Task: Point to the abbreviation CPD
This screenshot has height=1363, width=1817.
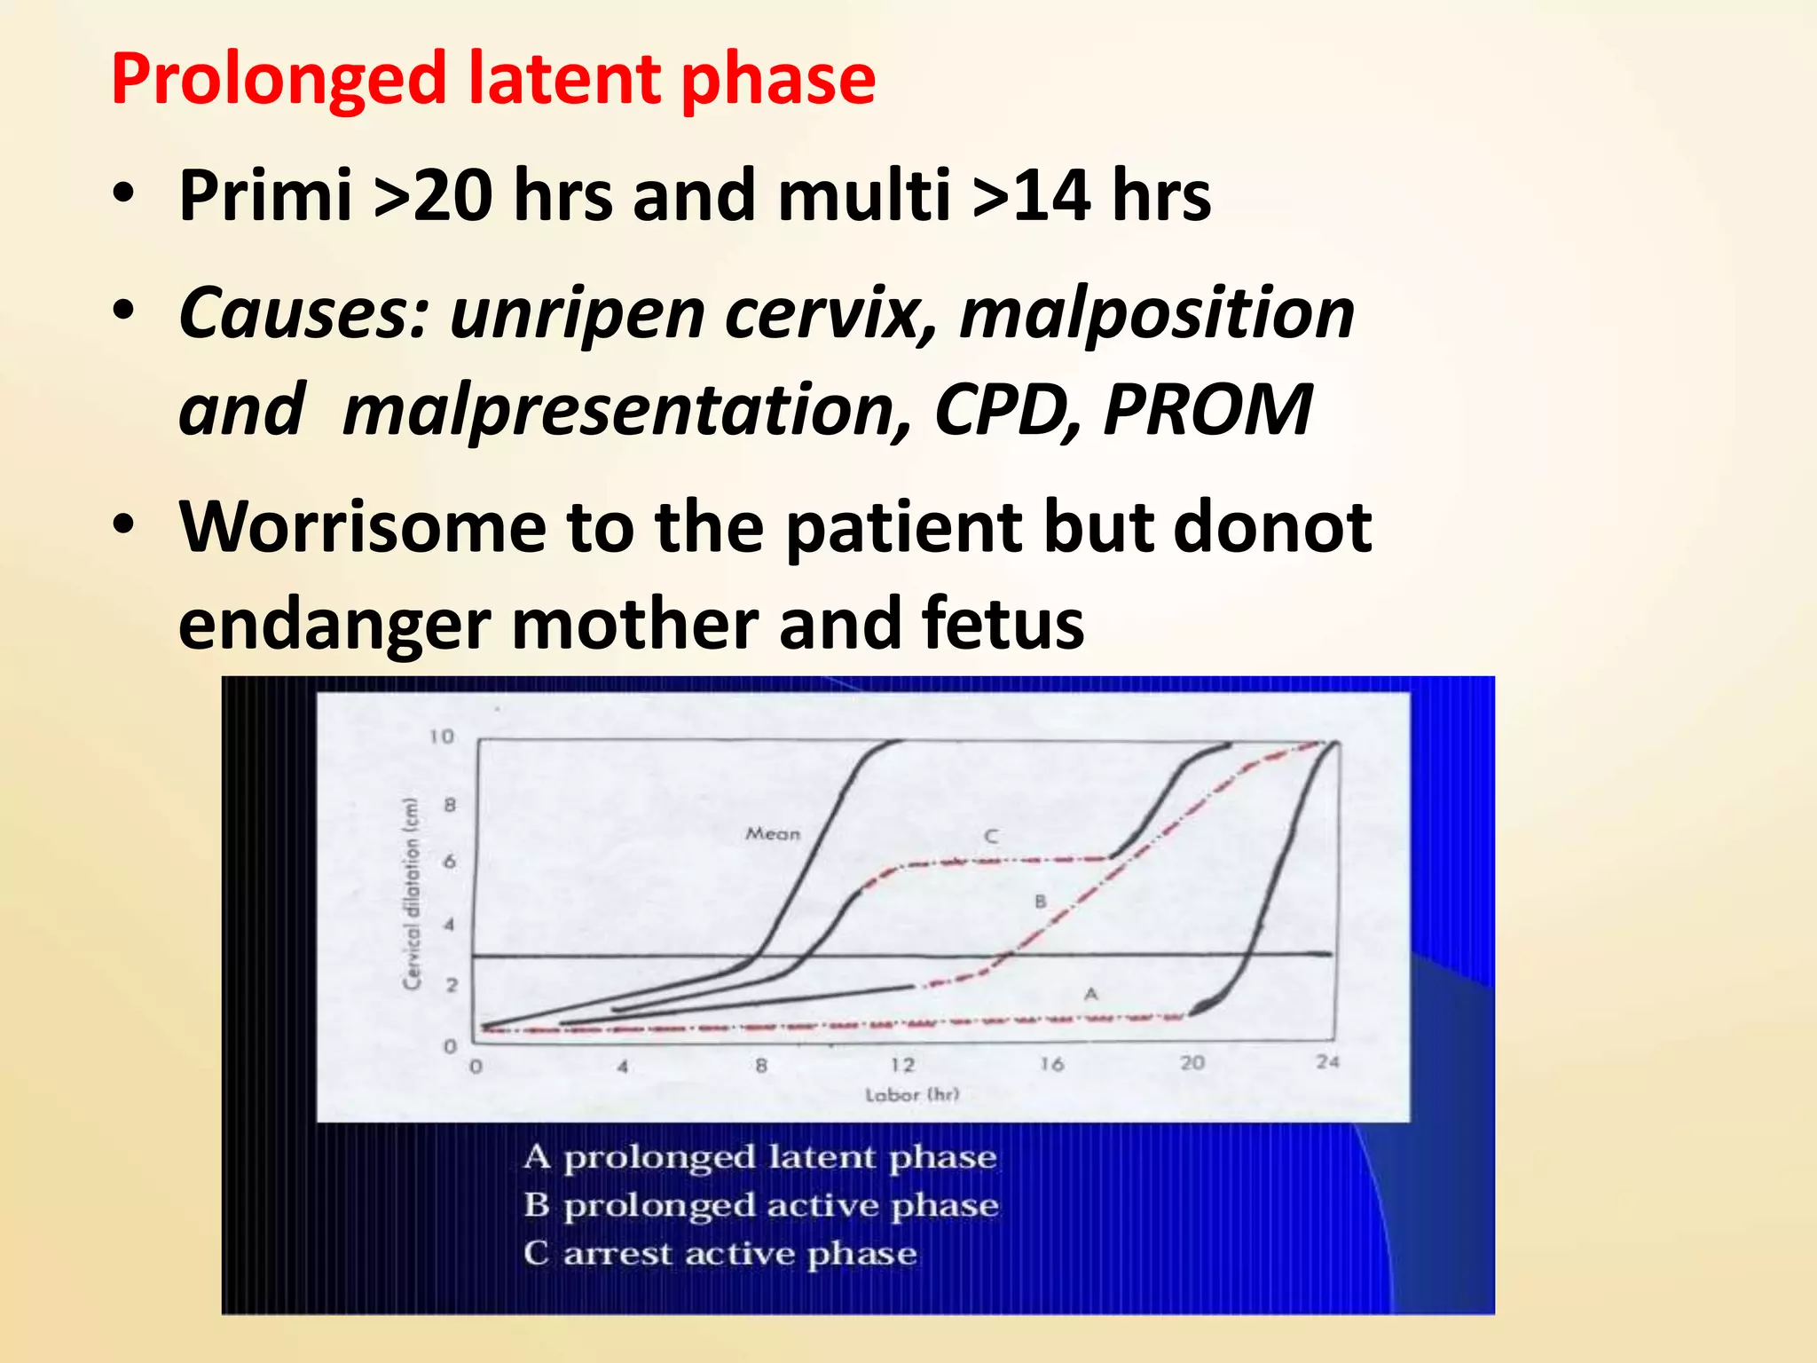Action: click(1003, 411)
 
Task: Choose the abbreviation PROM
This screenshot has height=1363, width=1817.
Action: click(1207, 411)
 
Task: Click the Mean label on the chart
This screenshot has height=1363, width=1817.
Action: click(773, 834)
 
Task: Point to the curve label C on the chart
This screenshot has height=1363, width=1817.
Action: click(991, 837)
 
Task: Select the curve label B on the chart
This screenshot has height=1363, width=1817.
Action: click(1041, 902)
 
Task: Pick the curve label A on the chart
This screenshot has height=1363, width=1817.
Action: click(1091, 995)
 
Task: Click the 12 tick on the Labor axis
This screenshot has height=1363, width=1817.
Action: click(902, 1065)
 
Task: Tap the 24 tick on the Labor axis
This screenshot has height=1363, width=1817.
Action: click(1327, 1062)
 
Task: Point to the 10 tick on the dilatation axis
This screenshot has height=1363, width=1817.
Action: click(441, 737)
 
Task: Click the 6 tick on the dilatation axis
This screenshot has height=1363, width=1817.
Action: click(450, 862)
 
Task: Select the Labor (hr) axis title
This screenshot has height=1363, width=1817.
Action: click(912, 1095)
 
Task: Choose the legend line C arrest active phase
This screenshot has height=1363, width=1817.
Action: click(720, 1254)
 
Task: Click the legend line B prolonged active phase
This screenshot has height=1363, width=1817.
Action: click(761, 1206)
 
